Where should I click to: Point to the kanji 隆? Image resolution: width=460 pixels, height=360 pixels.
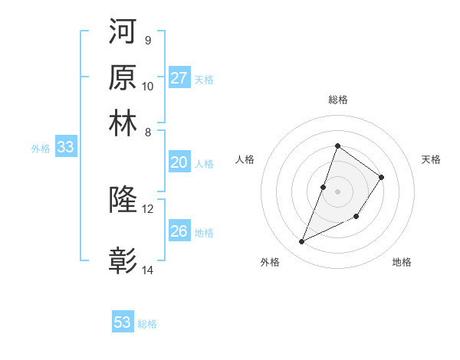pos(123,200)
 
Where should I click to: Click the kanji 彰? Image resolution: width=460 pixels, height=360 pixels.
pos(123,260)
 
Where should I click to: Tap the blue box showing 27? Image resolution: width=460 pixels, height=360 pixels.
pos(179,78)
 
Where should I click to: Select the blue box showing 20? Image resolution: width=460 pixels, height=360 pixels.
pos(179,162)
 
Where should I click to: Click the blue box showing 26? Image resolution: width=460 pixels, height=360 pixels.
pos(179,231)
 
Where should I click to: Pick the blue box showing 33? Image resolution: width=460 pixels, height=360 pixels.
pos(65,148)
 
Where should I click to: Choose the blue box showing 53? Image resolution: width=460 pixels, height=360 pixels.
pos(123,322)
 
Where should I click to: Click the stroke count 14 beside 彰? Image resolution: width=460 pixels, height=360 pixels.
pos(148,270)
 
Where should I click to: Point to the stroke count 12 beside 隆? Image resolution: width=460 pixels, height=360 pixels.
pos(148,208)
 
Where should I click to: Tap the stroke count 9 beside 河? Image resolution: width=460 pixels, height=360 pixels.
pos(147,40)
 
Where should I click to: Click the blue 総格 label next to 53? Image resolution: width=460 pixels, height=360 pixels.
pos(147,324)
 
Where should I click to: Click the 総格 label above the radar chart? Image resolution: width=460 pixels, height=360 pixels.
pos(337,100)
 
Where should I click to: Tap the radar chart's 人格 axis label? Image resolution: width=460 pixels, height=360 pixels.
pos(245,159)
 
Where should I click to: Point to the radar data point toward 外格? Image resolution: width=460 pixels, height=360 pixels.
pos(302,242)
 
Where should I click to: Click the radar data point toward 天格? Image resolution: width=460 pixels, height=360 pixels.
pos(381,177)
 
